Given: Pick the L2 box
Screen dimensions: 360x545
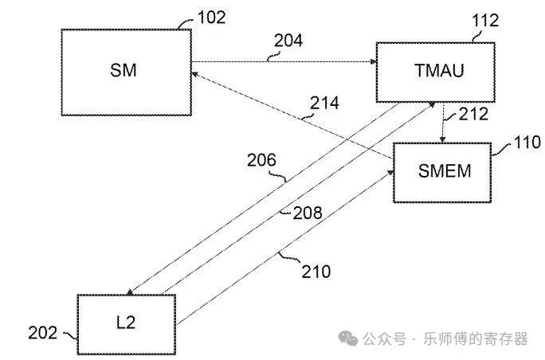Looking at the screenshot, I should point(126,323).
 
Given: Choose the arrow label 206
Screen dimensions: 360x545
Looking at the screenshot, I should point(261,162).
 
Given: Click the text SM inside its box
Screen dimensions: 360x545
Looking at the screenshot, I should point(124,70).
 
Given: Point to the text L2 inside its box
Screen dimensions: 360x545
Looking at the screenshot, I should point(126,323).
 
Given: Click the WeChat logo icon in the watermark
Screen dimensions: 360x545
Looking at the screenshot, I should point(349,338).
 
